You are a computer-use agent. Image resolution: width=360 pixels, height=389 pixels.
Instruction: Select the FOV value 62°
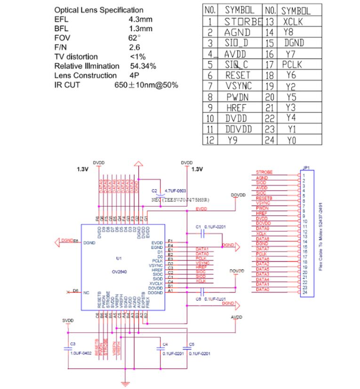tap(135, 38)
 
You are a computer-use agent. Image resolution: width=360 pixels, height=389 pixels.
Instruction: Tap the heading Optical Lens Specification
tap(99, 10)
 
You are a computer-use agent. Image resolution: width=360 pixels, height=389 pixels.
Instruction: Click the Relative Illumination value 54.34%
tap(143, 66)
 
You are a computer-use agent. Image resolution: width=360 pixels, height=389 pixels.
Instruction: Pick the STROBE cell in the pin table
tap(243, 21)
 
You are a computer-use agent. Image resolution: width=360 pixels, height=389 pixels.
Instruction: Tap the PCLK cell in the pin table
tap(292, 64)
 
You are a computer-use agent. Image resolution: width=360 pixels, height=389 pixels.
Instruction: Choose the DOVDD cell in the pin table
tap(239, 129)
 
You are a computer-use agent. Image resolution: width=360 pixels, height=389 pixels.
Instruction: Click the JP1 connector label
tap(306, 167)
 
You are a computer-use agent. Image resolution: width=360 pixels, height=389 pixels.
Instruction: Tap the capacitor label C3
tap(72, 344)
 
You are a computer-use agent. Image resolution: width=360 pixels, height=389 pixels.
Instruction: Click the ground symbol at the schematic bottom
tap(125, 384)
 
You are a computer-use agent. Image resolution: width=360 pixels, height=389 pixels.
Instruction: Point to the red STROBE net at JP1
tap(264, 173)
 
